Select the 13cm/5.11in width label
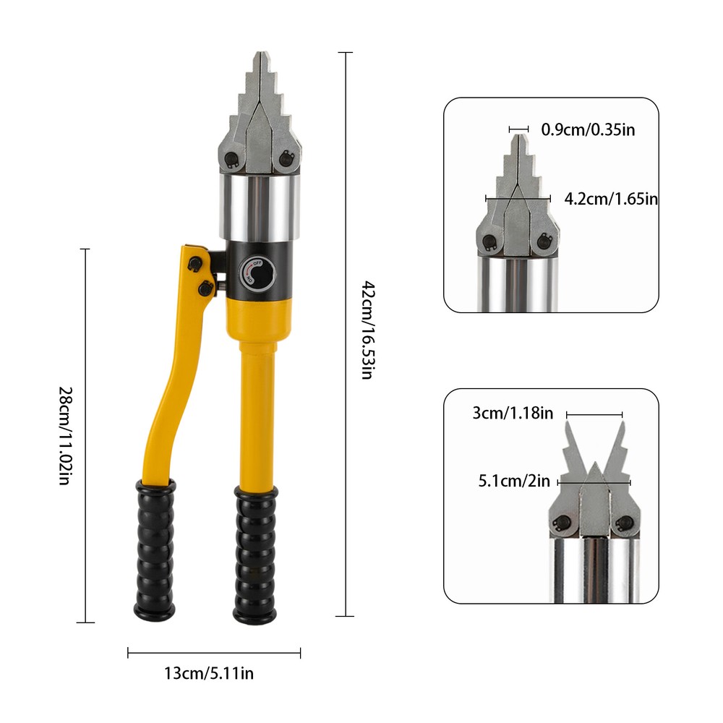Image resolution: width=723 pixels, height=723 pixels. click(209, 675)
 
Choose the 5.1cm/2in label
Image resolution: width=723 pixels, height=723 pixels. click(514, 481)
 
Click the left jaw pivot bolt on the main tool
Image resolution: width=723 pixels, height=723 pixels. click(231, 159)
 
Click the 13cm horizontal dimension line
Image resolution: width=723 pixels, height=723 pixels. click(214, 654)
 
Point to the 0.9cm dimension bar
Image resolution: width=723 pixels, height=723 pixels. click(519, 129)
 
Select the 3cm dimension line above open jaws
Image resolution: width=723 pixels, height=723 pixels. click(594, 415)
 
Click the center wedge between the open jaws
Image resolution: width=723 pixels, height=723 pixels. click(594, 492)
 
